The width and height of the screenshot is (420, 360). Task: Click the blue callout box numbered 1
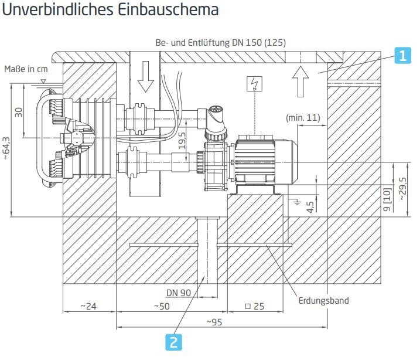[402, 56]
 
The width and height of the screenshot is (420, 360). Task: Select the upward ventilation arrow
[300, 82]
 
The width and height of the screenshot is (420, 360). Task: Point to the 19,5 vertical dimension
[182, 140]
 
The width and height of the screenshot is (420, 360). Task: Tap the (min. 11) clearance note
[303, 117]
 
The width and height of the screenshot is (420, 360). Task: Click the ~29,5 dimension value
[402, 189]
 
